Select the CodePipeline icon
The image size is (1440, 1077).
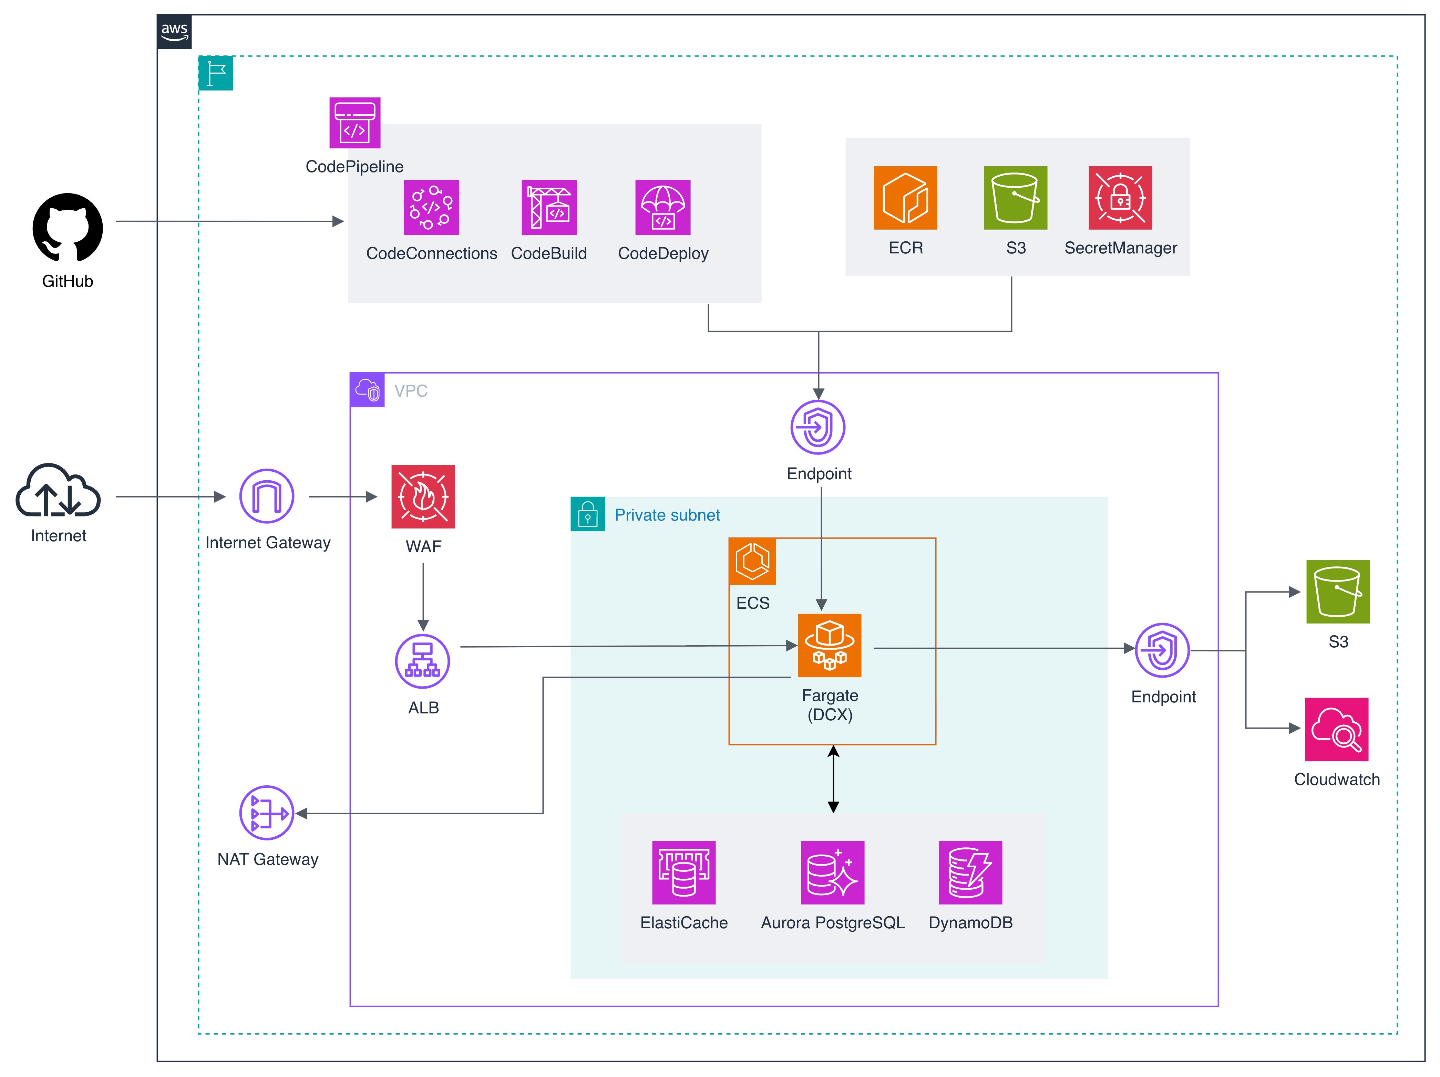pos(355,123)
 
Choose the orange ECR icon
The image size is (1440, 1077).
pos(905,198)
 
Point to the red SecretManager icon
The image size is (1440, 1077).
pos(1120,198)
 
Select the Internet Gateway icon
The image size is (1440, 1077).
pos(267,496)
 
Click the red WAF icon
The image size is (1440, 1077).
pos(423,496)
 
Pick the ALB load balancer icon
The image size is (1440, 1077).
pos(422,661)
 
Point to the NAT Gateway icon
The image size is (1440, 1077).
pos(267,813)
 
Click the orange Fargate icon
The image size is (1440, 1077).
pos(829,646)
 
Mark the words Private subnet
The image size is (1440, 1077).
pos(667,515)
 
